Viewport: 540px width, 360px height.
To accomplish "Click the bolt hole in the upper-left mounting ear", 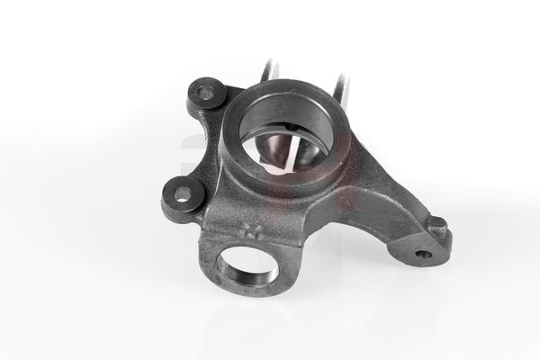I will (206, 92).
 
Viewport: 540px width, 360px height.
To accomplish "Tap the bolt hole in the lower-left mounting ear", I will (183, 193).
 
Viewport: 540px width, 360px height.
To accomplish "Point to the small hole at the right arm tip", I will (423, 254).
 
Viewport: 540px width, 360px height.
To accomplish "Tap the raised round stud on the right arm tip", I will (436, 222).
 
